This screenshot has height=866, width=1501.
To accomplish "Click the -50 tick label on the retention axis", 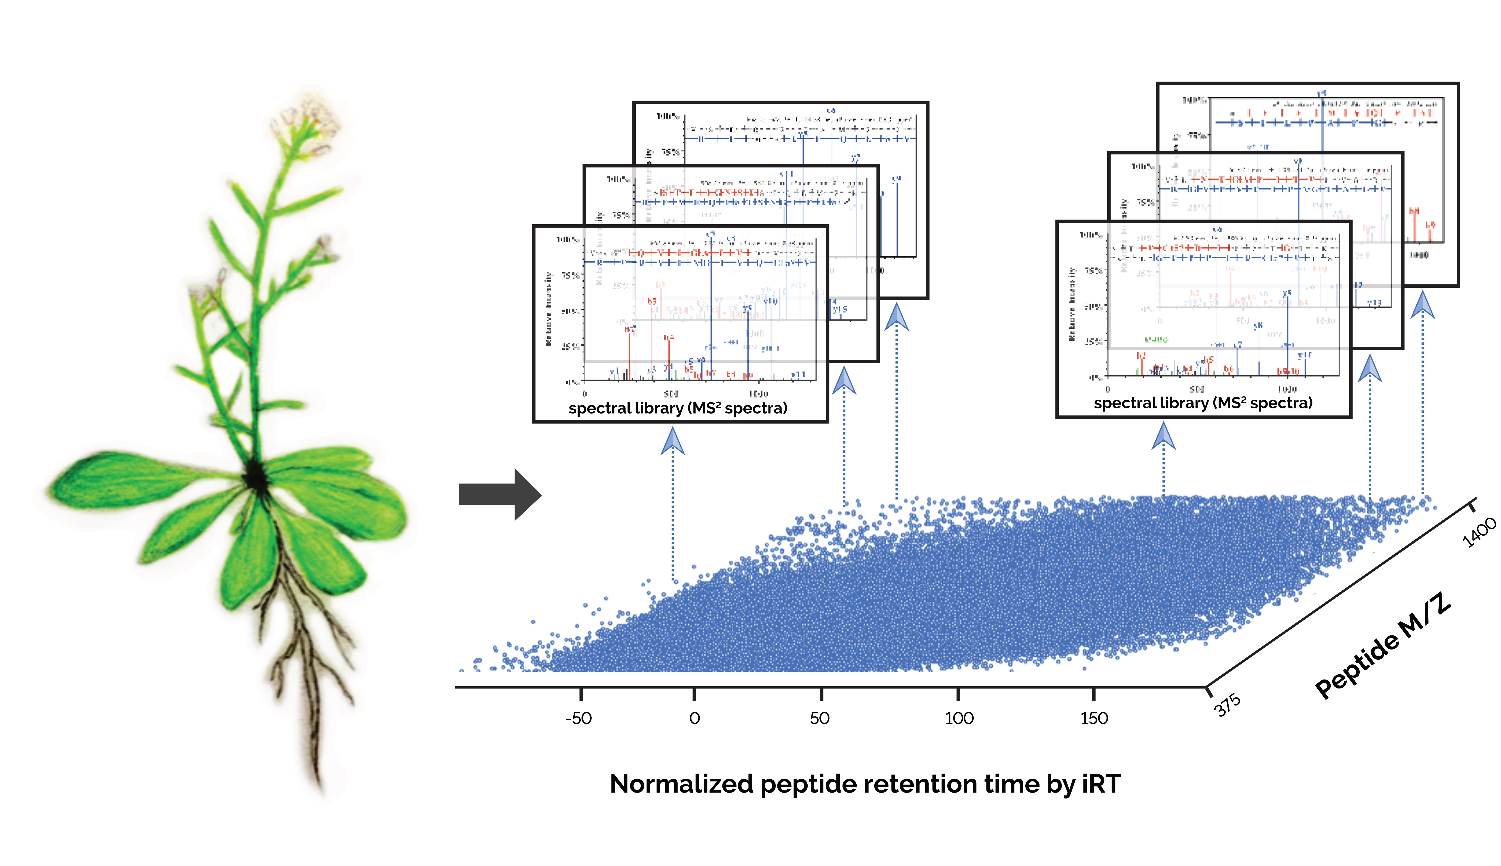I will [x=578, y=718].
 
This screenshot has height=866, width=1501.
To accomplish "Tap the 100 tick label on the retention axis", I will [x=959, y=718].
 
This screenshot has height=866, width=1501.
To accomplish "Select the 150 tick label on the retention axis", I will [x=1094, y=718].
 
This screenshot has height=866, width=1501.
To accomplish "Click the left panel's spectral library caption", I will [x=678, y=408].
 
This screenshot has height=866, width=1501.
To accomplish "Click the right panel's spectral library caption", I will [x=1203, y=403].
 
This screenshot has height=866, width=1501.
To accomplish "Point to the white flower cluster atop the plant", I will [x=306, y=122].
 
